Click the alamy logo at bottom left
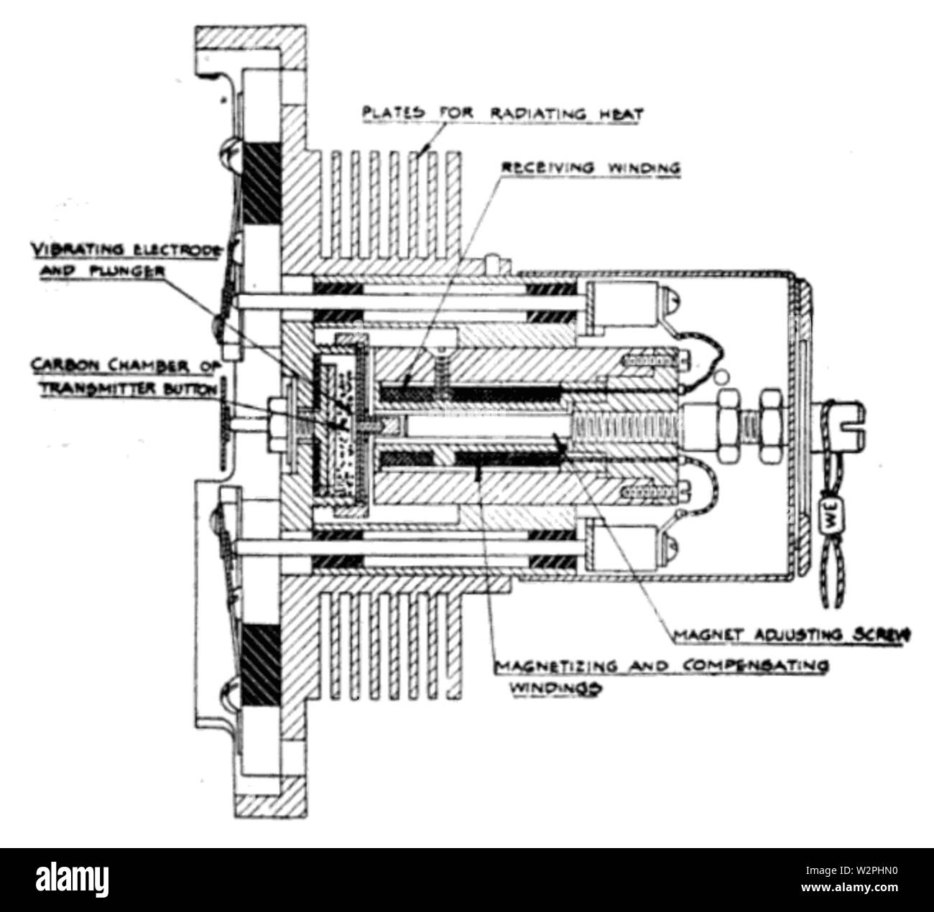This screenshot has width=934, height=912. [x=69, y=879]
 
